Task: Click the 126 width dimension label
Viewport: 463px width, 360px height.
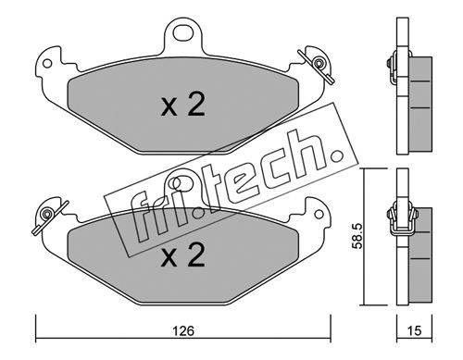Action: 183,331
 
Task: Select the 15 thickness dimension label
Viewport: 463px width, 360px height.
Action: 414,331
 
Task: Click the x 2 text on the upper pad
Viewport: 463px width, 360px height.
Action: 182,104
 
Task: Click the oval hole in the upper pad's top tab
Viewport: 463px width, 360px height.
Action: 182,33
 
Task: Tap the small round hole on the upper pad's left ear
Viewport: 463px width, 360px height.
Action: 47,64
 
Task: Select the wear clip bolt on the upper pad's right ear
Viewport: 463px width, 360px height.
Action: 318,63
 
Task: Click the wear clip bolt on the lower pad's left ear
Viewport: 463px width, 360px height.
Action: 47,214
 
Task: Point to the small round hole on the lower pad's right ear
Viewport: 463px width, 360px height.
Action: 319,214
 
